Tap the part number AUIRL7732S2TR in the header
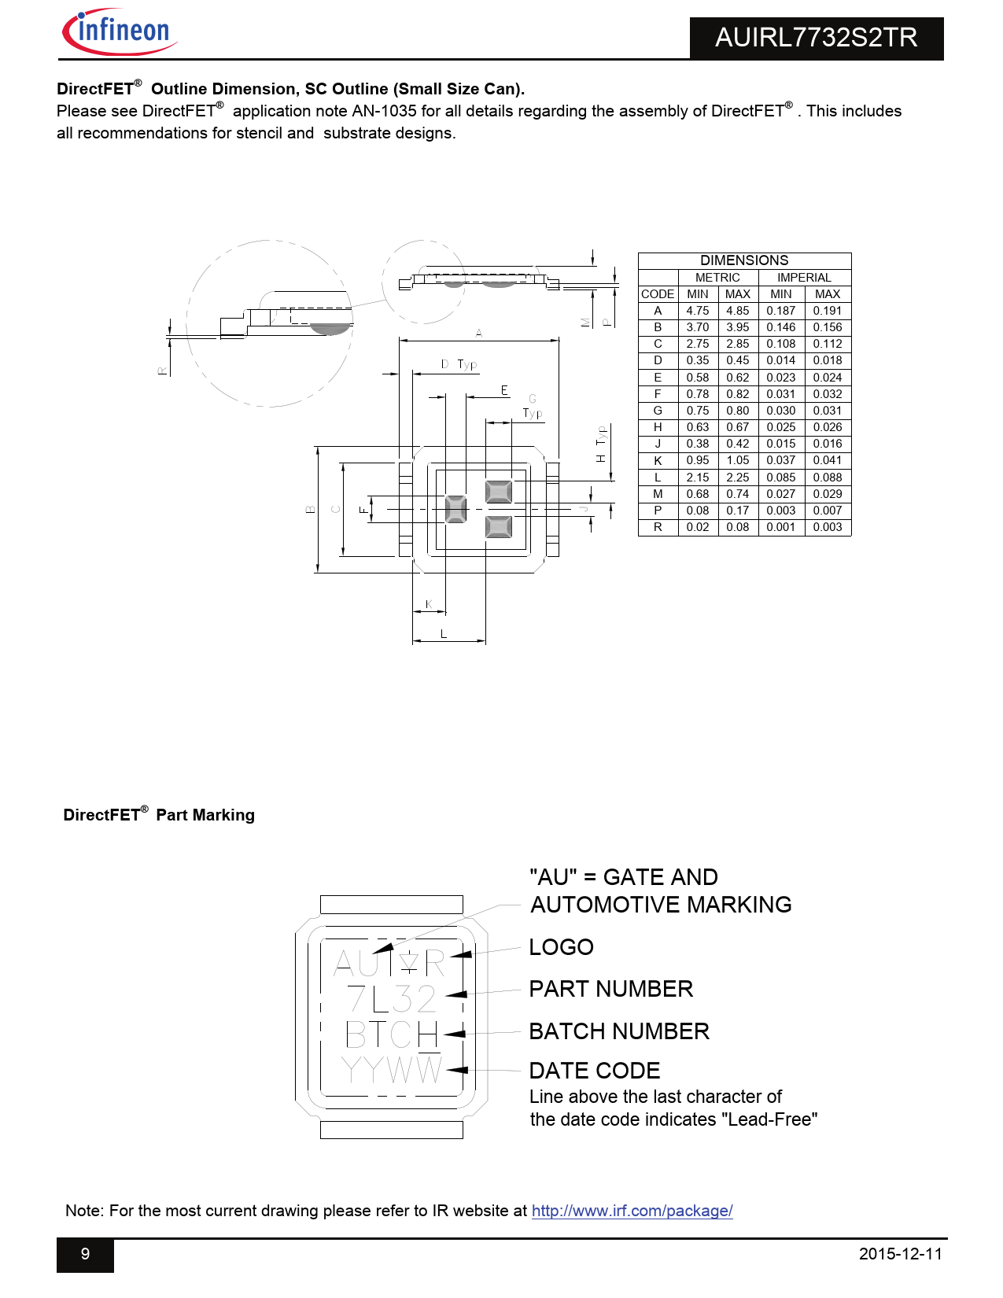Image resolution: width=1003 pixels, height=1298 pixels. coord(816,38)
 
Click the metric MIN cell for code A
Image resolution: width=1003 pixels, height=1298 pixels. coord(697,311)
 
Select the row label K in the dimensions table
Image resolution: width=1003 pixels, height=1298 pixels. coord(658,460)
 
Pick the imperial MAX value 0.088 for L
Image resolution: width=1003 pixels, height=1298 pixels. coord(827,478)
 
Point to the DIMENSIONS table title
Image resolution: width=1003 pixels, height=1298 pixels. coord(744,260)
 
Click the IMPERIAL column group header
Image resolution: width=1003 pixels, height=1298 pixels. coord(804,278)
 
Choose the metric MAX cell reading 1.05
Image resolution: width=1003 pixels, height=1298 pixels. coord(737,460)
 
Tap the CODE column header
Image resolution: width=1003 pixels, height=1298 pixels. coord(658,294)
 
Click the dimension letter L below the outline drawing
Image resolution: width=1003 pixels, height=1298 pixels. coord(444,633)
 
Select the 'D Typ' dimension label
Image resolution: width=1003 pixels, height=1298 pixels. coord(459,364)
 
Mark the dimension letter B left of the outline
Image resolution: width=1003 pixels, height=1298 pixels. coord(310,510)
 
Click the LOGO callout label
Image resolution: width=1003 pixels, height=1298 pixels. coord(561,947)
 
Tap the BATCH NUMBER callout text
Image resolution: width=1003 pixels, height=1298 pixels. coord(619,1031)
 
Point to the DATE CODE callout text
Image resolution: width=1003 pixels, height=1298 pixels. coord(595,1071)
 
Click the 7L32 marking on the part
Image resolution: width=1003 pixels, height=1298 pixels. coord(391,999)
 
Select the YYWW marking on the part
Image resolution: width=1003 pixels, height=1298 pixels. coord(391,1070)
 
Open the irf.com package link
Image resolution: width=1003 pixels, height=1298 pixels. coord(632,1211)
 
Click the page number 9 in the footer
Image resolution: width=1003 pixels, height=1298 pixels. coord(85,1254)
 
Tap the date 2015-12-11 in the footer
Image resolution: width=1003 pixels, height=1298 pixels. coord(900,1254)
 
